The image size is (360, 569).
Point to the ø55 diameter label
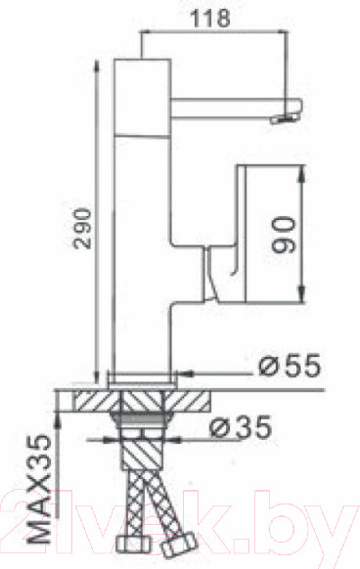tap(289, 369)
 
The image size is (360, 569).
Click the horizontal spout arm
tap(225, 103)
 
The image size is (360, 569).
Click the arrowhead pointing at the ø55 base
tap(186, 371)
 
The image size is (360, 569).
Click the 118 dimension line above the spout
tap(215, 32)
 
